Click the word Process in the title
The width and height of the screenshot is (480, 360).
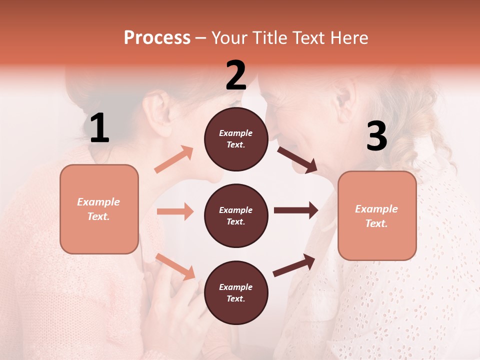pyautogui.click(x=157, y=37)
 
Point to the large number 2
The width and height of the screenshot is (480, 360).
pyautogui.click(x=236, y=75)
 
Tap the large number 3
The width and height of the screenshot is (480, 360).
pyautogui.click(x=376, y=136)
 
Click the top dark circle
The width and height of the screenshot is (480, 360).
pyautogui.click(x=236, y=139)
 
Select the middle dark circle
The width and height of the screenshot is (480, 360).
pyautogui.click(x=236, y=215)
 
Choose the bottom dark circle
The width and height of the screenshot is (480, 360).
pyautogui.click(x=236, y=292)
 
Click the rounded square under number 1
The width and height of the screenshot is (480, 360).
pyautogui.click(x=99, y=209)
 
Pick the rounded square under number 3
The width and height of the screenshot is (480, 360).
pyautogui.click(x=377, y=215)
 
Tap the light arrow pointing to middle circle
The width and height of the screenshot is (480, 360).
pyautogui.click(x=175, y=211)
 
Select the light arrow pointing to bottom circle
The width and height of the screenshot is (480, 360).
pyautogui.click(x=175, y=266)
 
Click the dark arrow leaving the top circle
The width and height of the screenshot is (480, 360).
pyautogui.click(x=297, y=159)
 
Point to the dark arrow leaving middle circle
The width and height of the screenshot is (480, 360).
pyautogui.click(x=296, y=210)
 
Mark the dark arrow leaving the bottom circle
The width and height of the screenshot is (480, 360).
pyautogui.click(x=294, y=265)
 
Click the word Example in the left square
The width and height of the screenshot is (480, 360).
pyautogui.click(x=98, y=202)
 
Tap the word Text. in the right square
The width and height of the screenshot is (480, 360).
pyautogui.click(x=376, y=223)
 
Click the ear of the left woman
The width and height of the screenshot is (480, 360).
pyautogui.click(x=158, y=107)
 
